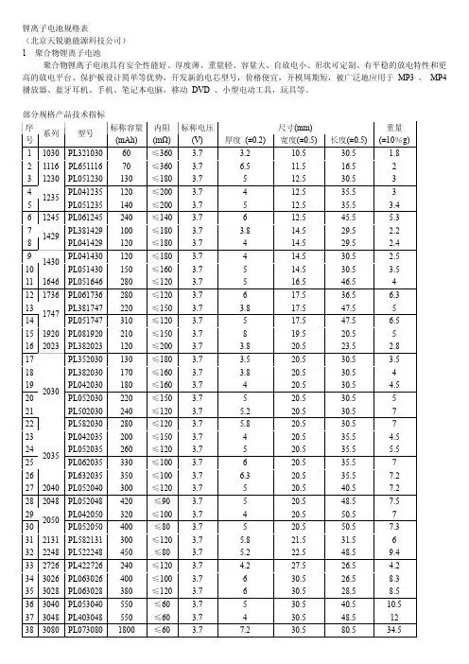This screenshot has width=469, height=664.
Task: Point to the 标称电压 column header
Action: click(x=197, y=127)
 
